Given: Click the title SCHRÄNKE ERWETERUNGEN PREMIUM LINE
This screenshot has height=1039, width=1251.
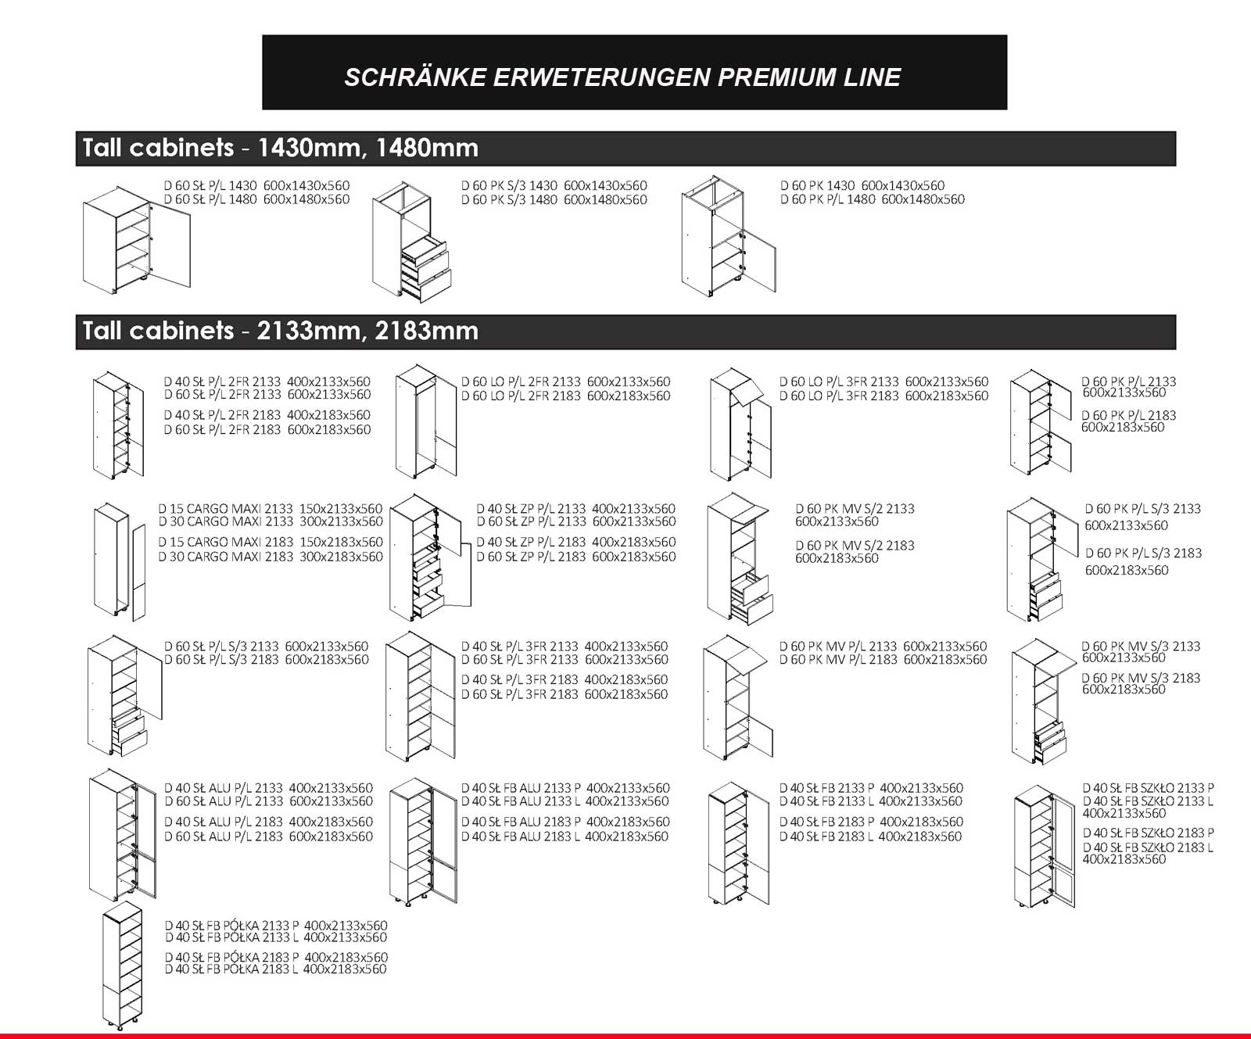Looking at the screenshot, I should coord(622,77).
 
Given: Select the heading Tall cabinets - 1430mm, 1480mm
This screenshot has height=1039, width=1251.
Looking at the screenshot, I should coord(280,148).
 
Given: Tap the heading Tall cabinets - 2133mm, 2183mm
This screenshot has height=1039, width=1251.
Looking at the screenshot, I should coord(280,331).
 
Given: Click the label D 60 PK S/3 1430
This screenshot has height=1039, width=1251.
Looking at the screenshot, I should coord(509,186).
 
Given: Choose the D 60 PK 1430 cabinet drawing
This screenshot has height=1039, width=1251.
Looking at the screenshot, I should coord(727,237).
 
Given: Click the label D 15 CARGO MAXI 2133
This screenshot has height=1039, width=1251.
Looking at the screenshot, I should coord(226,509).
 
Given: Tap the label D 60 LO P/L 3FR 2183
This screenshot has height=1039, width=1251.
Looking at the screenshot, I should coord(839,396).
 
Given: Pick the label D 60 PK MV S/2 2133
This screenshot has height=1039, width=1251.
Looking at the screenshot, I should coord(855,509).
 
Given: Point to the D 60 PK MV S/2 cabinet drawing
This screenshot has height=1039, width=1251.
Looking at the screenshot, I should coord(739,558).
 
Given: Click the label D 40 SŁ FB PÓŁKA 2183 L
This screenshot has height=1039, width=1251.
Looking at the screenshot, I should coord(231,969).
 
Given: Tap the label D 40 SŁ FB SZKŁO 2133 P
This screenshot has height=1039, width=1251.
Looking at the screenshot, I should coord(1148,788).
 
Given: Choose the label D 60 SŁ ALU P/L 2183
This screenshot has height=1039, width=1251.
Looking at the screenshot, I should coord(224,837).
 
